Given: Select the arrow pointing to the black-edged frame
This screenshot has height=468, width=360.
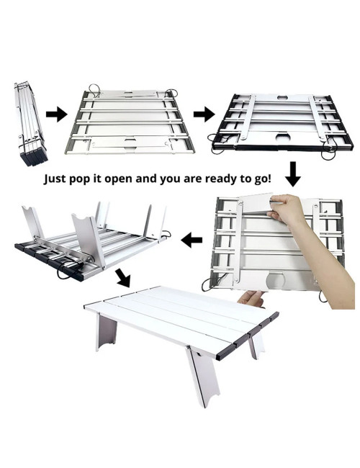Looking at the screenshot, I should (204, 114).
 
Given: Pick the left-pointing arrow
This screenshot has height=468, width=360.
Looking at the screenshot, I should (191, 239).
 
